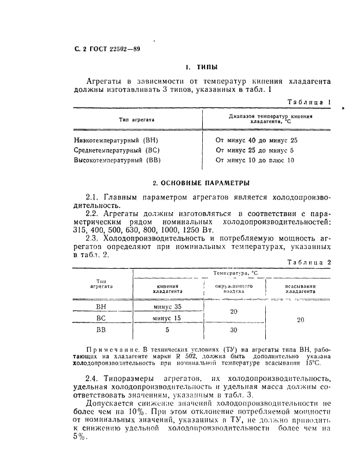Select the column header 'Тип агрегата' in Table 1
pyautogui.click(x=136, y=119)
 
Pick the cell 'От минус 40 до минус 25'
pyautogui.click(x=257, y=140)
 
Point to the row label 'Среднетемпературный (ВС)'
pyautogui.click(x=119, y=150)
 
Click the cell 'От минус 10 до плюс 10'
pyautogui.click(x=255, y=160)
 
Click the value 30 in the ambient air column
pyautogui.click(x=233, y=331)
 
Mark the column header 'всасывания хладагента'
pyautogui.click(x=300, y=289)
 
